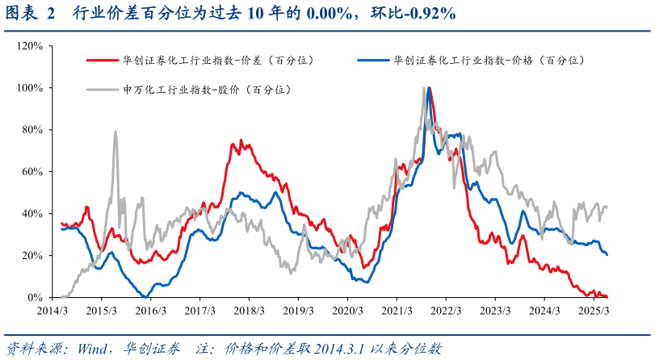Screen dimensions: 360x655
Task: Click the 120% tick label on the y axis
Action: [x=31, y=46]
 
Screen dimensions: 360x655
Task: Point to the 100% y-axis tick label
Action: [x=31, y=88]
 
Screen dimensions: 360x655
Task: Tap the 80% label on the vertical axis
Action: [x=33, y=130]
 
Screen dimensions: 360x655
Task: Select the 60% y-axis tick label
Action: [x=33, y=172]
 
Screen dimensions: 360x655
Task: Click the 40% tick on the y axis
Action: [x=33, y=214]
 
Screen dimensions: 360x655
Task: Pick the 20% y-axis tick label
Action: [x=33, y=256]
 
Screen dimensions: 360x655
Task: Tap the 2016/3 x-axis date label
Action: [x=150, y=310]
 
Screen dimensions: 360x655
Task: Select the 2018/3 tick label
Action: [x=249, y=310]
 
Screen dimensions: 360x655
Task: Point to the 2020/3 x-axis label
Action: [x=347, y=310]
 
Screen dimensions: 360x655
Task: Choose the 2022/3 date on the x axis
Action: [x=446, y=310]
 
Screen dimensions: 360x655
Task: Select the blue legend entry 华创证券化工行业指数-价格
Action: [x=489, y=61]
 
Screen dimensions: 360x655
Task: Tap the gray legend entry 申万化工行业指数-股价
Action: [x=207, y=90]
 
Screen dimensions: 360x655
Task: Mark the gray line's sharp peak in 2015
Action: [x=115, y=132]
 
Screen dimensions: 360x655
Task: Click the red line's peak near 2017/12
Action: [x=233, y=142]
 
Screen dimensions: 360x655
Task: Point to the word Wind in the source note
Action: [x=94, y=349]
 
